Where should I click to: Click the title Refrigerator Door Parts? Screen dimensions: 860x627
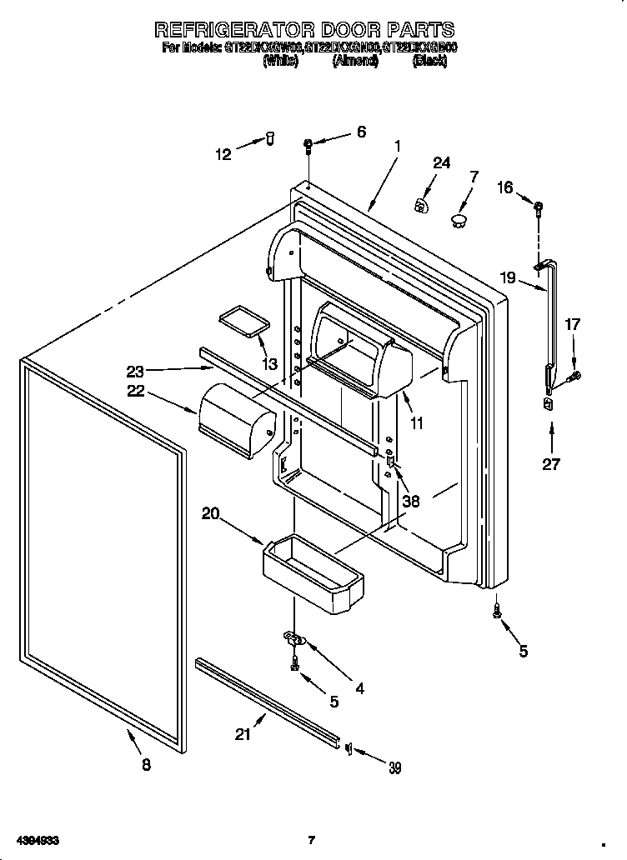point(304,30)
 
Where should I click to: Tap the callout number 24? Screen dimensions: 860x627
point(441,163)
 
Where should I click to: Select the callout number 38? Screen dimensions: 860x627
point(411,501)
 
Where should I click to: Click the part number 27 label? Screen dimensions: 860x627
point(551,464)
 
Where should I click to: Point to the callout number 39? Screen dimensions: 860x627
point(394,767)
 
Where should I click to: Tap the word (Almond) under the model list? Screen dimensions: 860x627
point(355,62)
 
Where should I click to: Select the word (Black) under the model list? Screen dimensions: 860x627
point(429,62)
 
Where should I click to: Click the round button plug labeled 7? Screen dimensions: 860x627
point(457,219)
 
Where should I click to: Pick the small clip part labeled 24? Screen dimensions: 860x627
point(423,203)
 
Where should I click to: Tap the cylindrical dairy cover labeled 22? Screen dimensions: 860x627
point(237,419)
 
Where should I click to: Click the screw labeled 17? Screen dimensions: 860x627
point(572,377)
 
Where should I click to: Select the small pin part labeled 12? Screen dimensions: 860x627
point(270,139)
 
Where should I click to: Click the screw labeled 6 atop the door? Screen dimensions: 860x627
point(308,147)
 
